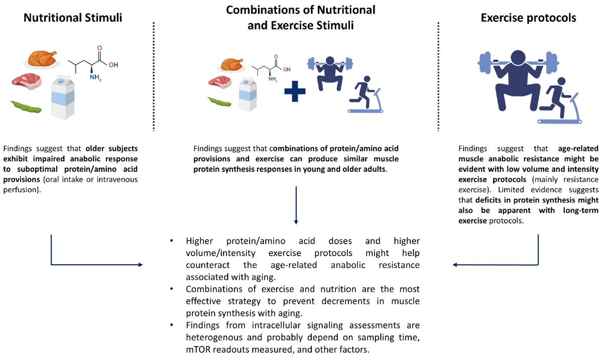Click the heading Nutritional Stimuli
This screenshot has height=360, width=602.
(x=73, y=18)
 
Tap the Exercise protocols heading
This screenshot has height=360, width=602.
(x=528, y=18)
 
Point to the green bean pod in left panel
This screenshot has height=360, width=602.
(x=26, y=107)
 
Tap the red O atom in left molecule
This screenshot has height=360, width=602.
(x=99, y=49)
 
